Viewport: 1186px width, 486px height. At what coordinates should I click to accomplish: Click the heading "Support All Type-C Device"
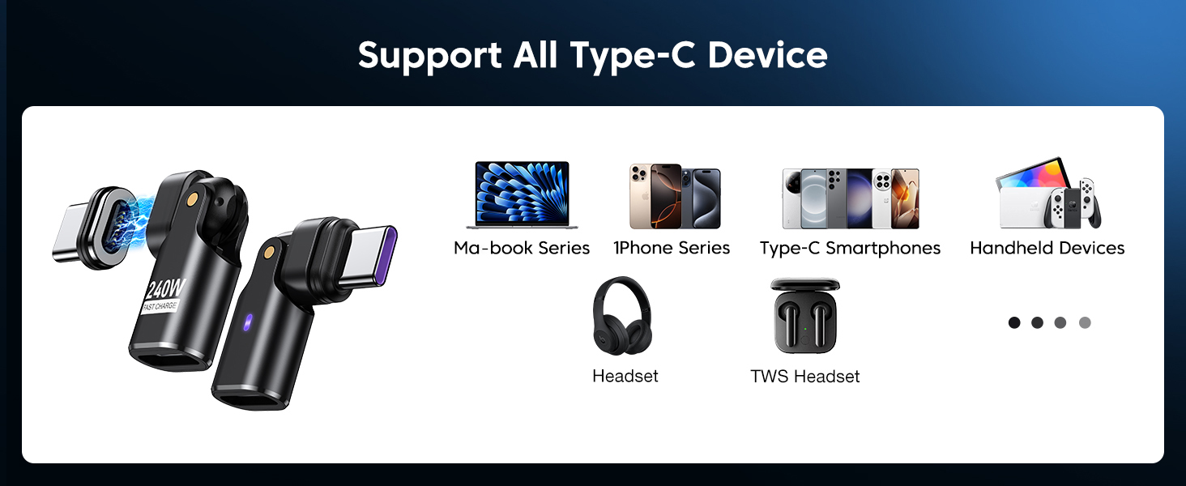coord(592,55)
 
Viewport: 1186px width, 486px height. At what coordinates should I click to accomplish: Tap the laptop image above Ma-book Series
coord(522,194)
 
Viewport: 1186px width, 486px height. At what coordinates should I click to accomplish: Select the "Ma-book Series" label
coord(522,248)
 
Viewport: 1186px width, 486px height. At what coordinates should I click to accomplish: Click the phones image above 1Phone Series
coord(675,197)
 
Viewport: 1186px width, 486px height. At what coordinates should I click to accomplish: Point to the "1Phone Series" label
coord(672,248)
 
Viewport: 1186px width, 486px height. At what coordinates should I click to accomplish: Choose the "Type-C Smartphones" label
coord(850,248)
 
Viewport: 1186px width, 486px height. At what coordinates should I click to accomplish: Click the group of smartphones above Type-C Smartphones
coord(850,198)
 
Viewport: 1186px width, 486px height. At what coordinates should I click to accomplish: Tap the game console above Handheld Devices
coord(1048,194)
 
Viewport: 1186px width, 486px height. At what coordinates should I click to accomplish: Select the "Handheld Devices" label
coord(1047,248)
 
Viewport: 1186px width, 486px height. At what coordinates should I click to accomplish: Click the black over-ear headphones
coord(621,316)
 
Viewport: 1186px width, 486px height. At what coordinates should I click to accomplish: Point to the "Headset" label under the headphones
coord(625,376)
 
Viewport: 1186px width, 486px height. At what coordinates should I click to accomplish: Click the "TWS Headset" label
coord(804,376)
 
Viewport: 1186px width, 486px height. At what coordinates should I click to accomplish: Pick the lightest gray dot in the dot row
coord(1085,322)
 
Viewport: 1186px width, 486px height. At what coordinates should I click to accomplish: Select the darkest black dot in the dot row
coord(1014,322)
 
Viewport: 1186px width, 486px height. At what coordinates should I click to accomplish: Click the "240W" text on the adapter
coord(164,289)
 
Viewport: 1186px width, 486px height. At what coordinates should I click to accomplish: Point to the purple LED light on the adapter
coord(248,319)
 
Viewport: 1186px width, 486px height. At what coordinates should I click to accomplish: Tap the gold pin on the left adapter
coord(193,198)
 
